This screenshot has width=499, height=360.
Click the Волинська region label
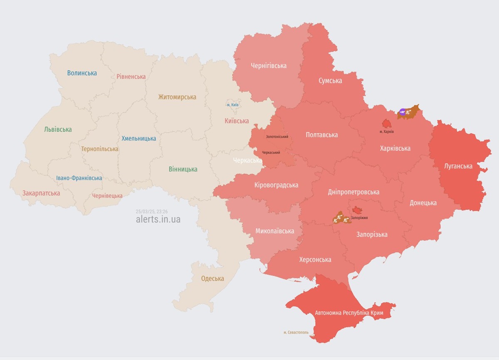point(82,73)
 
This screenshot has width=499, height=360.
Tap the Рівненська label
point(131,76)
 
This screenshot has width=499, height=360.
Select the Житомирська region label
point(177,97)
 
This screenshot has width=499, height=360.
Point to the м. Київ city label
point(232,105)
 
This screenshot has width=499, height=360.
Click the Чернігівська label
point(269,66)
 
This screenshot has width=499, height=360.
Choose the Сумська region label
point(330,81)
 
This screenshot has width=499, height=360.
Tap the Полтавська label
point(321,135)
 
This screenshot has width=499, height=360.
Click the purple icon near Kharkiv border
point(402,111)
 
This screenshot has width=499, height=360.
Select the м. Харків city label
point(387,132)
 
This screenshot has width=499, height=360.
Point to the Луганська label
point(458,166)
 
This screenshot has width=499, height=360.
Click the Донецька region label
point(423,203)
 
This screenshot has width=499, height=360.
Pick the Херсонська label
point(315,260)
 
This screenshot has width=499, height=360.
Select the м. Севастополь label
point(296,333)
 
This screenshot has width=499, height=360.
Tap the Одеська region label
point(212,279)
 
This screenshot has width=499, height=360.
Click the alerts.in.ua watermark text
point(158,219)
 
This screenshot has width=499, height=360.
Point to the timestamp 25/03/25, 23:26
point(152,211)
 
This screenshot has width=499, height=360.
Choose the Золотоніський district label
point(277,137)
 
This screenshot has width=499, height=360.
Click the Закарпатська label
point(41,193)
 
